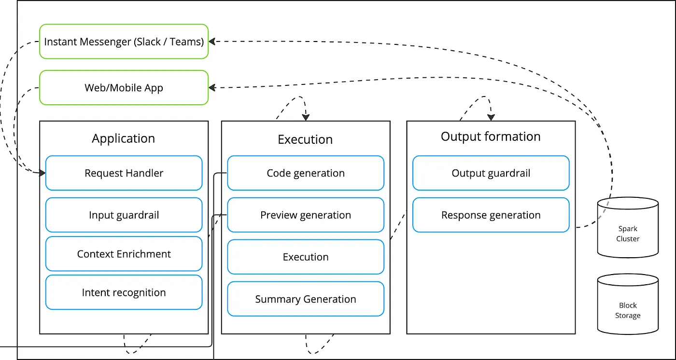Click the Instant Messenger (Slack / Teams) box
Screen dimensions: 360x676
pos(124,42)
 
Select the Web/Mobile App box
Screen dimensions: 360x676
pos(124,88)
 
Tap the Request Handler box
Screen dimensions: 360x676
pos(124,173)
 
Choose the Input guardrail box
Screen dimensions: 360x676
pos(124,215)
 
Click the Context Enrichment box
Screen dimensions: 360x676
pos(124,254)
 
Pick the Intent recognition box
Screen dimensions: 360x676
pos(124,292)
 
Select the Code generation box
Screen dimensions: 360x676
pos(306,173)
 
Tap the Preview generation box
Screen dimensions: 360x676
pos(306,215)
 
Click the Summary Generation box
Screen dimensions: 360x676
pos(306,299)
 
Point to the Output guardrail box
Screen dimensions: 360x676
pos(491,173)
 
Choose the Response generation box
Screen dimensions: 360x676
pos(491,215)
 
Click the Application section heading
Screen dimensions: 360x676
pos(124,138)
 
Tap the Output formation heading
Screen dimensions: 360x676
pos(491,137)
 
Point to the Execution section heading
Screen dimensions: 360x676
pos(305,139)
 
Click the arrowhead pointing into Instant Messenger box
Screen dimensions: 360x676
pos(212,42)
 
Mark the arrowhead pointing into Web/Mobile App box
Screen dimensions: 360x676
pos(212,87)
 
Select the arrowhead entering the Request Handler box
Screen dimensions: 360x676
pos(42,172)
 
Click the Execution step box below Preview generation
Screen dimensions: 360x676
pos(306,257)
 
